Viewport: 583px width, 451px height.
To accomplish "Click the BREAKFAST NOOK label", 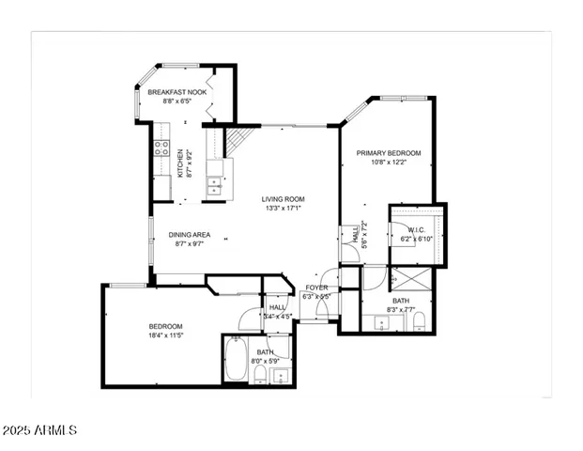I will [177, 92].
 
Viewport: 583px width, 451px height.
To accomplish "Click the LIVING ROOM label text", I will [284, 198].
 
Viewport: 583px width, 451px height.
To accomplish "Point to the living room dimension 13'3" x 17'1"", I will [284, 209].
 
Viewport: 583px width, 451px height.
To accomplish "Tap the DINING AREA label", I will [189, 234].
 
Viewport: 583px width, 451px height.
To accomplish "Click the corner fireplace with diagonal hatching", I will [240, 140].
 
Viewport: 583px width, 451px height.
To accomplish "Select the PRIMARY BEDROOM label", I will [389, 152].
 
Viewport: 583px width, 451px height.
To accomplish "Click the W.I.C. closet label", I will [417, 229].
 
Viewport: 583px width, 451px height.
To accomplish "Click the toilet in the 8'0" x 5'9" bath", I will [259, 376].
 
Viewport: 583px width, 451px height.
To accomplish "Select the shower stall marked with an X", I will [409, 280].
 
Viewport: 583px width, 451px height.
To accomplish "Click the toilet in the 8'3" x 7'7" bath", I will [420, 323].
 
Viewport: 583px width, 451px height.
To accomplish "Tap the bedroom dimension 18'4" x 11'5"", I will [165, 335].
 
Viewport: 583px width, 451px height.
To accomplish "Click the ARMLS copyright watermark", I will [39, 430].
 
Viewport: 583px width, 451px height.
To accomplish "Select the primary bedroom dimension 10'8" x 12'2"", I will [389, 163].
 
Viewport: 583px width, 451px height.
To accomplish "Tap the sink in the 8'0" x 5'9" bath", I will [279, 377].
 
